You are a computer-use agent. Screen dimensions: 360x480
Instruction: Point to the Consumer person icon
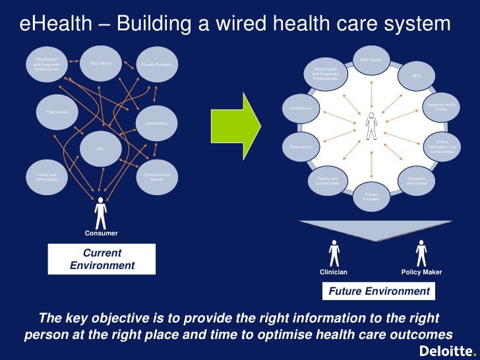click(100, 212)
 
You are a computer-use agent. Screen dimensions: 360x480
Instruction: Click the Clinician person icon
click(334, 253)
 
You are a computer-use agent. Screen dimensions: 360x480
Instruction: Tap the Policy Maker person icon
click(421, 253)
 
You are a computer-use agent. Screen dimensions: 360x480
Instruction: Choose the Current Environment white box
click(102, 259)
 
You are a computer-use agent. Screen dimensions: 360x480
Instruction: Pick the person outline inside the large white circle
click(372, 126)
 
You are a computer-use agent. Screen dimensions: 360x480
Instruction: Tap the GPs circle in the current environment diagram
click(100, 149)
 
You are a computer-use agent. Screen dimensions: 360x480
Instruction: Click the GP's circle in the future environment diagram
click(417, 76)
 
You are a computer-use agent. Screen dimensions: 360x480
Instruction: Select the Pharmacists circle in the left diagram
click(57, 112)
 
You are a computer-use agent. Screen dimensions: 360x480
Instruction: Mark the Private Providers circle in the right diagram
click(371, 196)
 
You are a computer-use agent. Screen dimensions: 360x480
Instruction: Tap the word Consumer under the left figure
click(101, 233)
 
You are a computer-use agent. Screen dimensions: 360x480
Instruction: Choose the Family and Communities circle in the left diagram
click(47, 177)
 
